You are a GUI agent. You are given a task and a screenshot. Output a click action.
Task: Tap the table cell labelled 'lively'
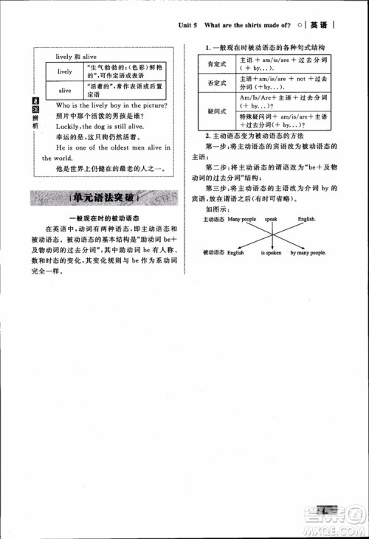tap(64, 72)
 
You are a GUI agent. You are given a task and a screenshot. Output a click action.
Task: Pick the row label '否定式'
tap(218, 81)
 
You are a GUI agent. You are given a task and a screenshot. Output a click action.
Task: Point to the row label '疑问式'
tap(218, 110)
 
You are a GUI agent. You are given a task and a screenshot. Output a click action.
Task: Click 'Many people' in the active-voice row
tap(245, 219)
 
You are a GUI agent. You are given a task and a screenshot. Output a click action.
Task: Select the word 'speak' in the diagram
tap(271, 219)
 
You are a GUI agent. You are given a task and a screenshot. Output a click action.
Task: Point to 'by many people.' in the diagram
tap(308, 253)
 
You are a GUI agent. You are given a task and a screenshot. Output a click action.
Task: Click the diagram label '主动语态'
tap(215, 219)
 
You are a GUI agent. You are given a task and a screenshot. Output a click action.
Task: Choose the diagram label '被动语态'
tap(215, 253)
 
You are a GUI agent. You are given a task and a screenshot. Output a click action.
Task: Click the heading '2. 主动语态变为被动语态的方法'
tap(249, 138)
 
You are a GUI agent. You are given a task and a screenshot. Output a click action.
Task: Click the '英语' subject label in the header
tap(319, 24)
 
